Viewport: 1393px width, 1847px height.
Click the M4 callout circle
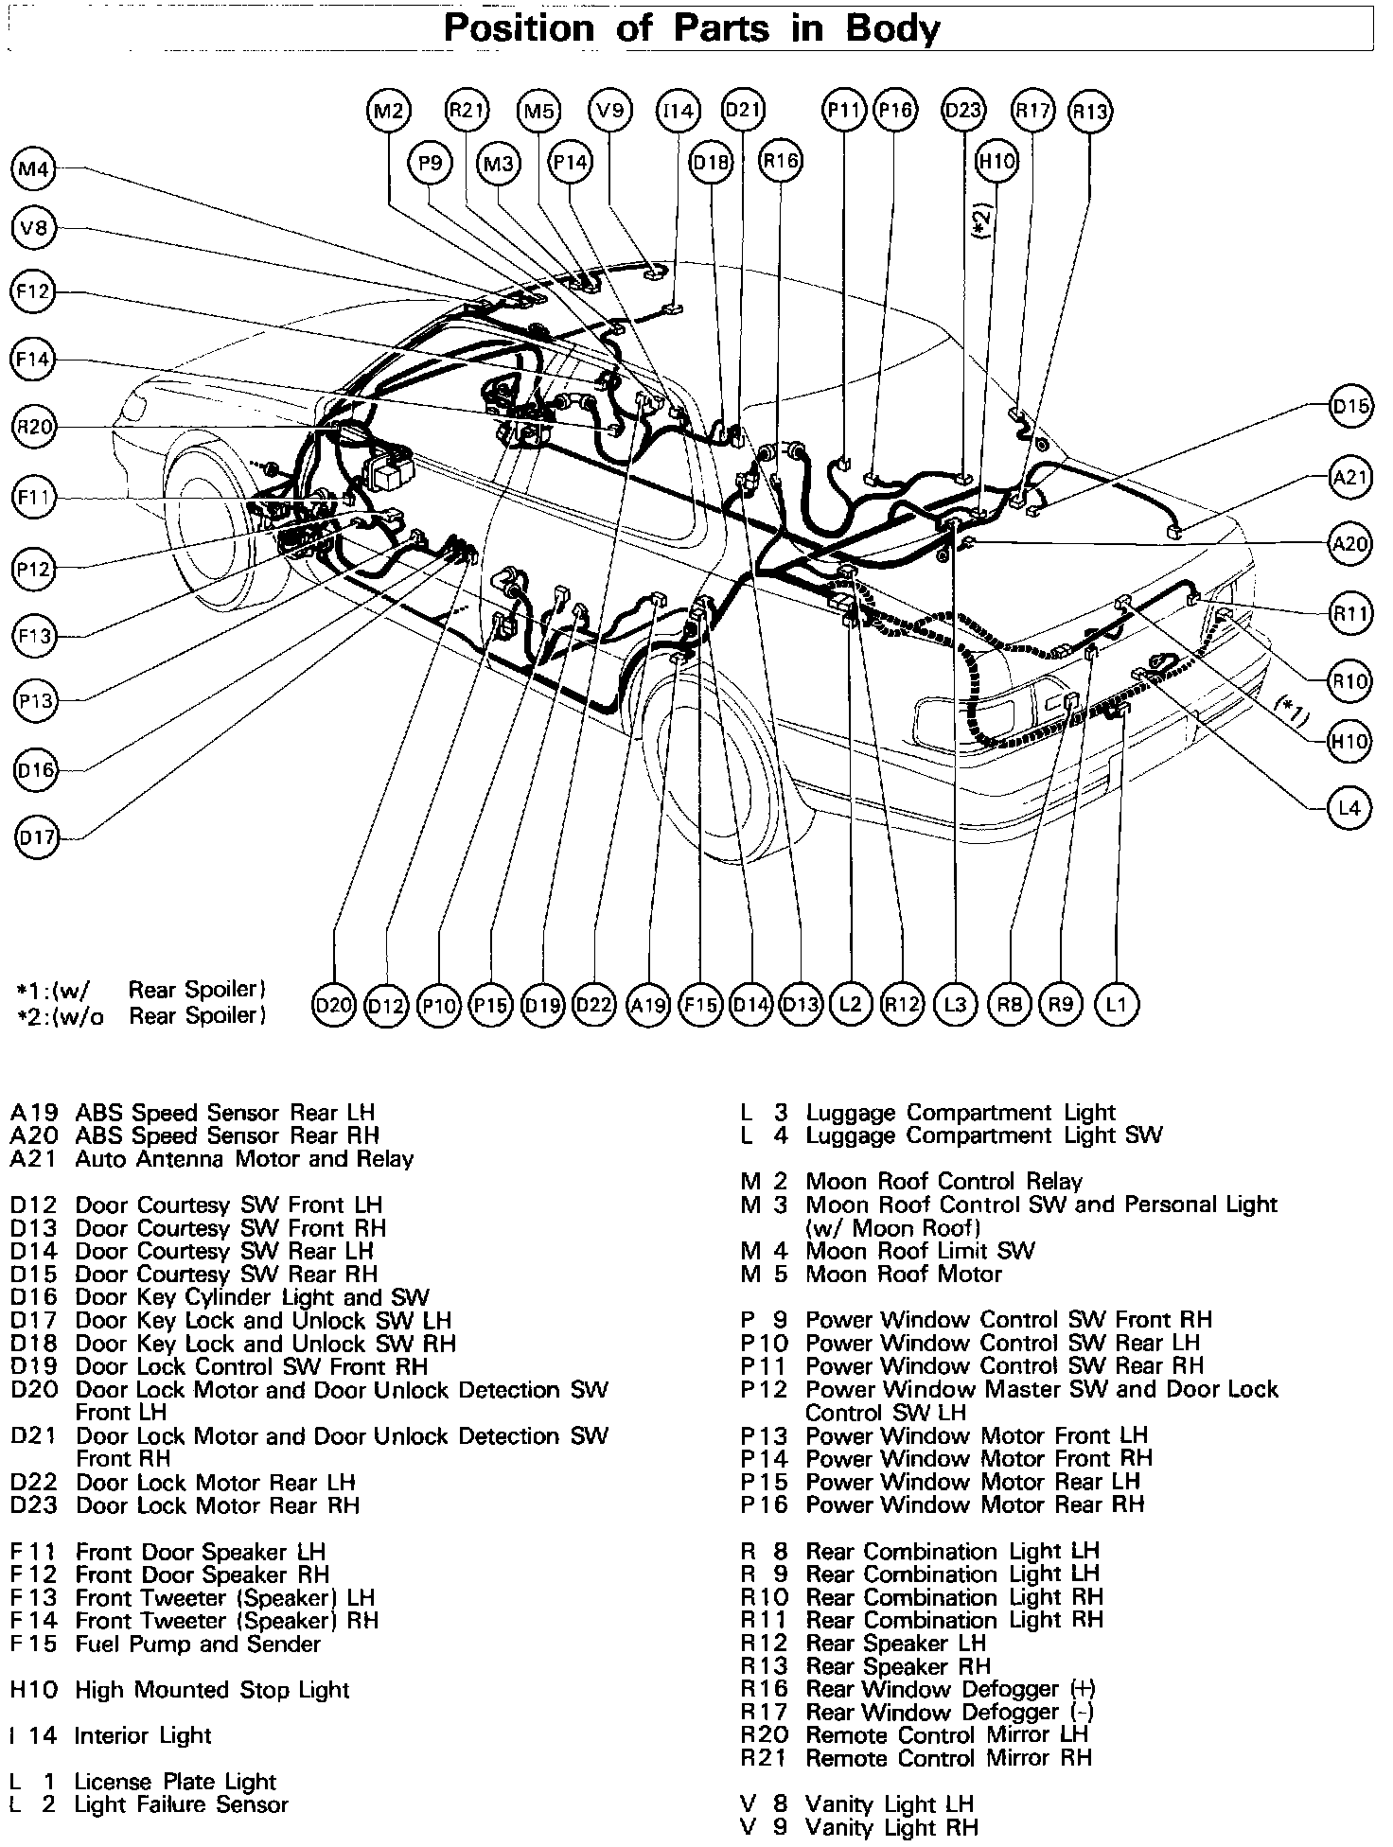[x=34, y=170]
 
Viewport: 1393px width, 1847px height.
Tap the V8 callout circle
[x=34, y=229]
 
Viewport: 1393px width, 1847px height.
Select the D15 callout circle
[x=1350, y=407]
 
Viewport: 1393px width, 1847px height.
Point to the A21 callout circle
[x=1350, y=478]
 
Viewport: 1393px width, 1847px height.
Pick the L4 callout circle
[x=1349, y=808]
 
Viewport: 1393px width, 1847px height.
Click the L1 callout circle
[x=1117, y=1004]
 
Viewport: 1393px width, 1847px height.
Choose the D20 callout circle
[x=333, y=1004]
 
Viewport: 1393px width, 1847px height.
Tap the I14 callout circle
[x=678, y=112]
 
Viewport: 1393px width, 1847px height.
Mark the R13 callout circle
[x=1090, y=112]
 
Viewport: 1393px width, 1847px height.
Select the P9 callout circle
[x=431, y=164]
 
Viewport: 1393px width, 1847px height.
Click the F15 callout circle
[x=700, y=1004]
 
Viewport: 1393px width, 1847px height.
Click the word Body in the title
[x=893, y=28]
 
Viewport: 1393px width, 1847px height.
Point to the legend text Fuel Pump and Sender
[x=197, y=1644]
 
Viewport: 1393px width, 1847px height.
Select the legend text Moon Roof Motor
[x=903, y=1275]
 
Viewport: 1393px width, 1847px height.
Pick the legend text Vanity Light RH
[x=891, y=1827]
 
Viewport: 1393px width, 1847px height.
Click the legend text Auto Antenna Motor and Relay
[x=244, y=1159]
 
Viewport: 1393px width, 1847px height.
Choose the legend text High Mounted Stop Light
[x=212, y=1690]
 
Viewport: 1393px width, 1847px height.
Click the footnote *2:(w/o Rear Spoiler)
[x=142, y=1015]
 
